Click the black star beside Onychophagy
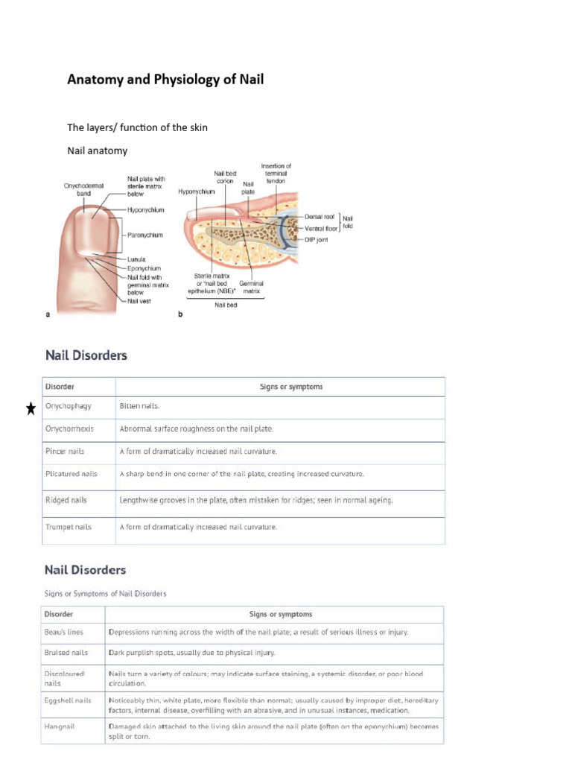click(31, 408)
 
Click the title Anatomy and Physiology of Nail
click(165, 79)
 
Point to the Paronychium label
click(144, 235)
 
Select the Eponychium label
click(144, 268)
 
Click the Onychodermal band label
click(82, 190)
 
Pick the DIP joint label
click(317, 239)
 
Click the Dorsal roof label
click(320, 216)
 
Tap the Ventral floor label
click(322, 227)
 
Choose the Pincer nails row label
click(66, 452)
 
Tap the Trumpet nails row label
click(69, 527)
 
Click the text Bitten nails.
click(139, 407)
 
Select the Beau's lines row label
click(64, 632)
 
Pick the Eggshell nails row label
click(68, 700)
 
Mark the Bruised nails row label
click(66, 652)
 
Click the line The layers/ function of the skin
click(137, 127)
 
